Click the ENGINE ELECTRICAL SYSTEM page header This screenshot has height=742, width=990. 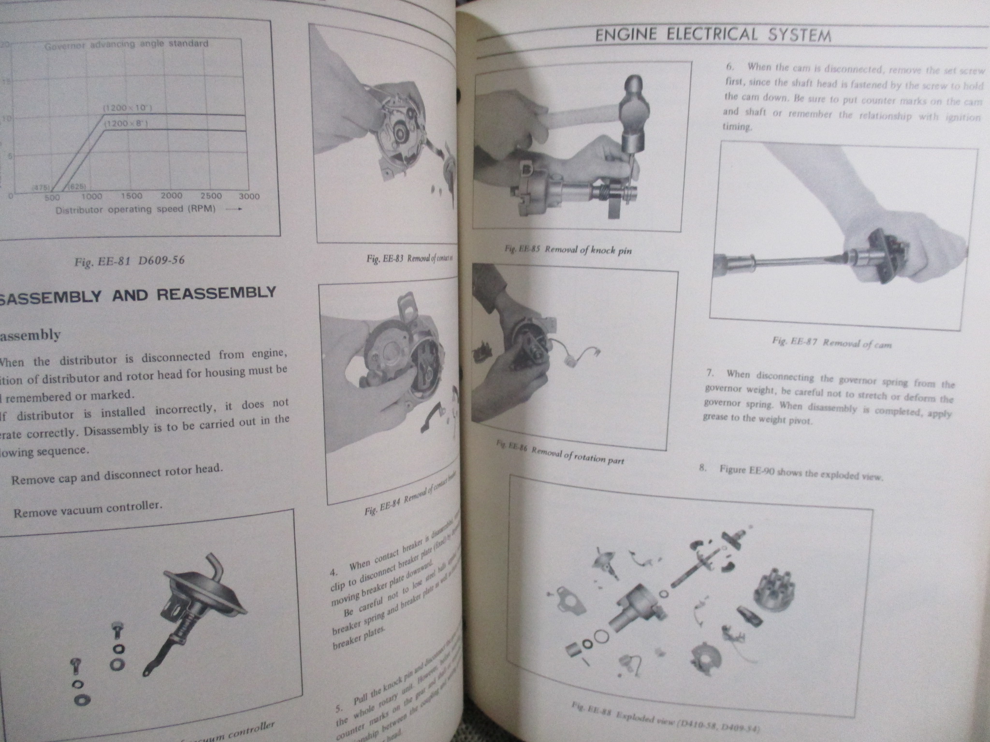coord(713,35)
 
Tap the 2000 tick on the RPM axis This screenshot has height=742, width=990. coord(171,196)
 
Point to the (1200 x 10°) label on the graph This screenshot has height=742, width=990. coord(128,108)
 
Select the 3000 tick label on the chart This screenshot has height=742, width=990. coord(249,196)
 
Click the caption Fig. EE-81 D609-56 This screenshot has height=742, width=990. coord(130,261)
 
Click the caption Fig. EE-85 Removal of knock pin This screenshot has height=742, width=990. coord(568,249)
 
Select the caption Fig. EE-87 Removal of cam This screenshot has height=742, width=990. coord(831,343)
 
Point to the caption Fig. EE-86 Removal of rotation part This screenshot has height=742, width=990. coord(561,454)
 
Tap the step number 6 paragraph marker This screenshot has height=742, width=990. coord(730,67)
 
